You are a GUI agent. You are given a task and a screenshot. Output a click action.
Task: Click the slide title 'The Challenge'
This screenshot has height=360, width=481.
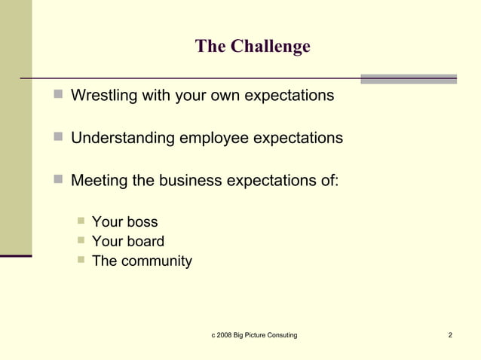pyautogui.click(x=253, y=47)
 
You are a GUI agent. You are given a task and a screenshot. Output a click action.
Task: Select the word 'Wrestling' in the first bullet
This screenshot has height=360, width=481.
pyautogui.click(x=102, y=96)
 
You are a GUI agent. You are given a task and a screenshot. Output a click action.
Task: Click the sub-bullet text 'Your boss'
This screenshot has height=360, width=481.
pyautogui.click(x=124, y=221)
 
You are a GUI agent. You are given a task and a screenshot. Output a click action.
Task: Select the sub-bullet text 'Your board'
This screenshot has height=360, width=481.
pyautogui.click(x=127, y=242)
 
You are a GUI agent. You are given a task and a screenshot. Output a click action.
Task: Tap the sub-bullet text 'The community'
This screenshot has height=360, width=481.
pyautogui.click(x=142, y=262)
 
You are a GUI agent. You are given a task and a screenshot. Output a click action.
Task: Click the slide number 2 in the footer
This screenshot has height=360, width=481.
pyautogui.click(x=450, y=334)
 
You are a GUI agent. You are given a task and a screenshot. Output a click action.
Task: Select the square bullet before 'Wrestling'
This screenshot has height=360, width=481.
pyautogui.click(x=59, y=96)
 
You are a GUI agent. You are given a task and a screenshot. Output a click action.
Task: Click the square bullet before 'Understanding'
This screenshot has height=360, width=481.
pyautogui.click(x=59, y=139)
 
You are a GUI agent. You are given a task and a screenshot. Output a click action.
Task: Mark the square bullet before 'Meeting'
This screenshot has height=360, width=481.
pyautogui.click(x=59, y=181)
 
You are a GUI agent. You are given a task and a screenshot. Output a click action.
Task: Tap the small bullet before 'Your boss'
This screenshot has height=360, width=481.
pyautogui.click(x=81, y=221)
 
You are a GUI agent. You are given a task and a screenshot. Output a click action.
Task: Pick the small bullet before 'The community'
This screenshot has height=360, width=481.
pyautogui.click(x=81, y=262)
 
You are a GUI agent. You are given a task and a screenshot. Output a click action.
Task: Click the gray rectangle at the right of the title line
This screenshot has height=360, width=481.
pyautogui.click(x=409, y=78)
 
